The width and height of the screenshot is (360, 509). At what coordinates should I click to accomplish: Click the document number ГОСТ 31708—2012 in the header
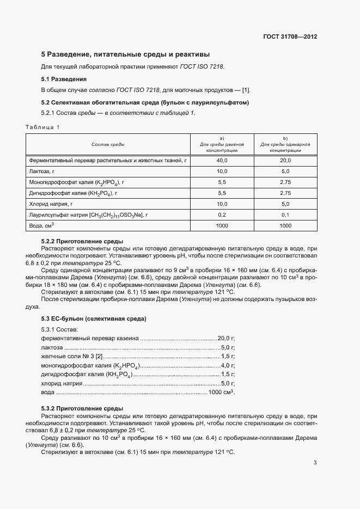click(290, 37)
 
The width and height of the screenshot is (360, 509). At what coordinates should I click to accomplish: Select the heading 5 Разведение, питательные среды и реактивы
click(125, 54)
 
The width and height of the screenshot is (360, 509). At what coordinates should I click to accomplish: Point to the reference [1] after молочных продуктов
click(246, 90)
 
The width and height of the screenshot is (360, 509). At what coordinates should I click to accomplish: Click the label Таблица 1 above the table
click(42, 127)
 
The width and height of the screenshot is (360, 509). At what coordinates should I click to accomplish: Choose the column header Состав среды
click(107, 144)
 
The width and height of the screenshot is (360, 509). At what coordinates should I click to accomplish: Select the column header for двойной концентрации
click(222, 144)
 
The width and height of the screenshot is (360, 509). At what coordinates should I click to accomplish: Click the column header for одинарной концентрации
click(285, 144)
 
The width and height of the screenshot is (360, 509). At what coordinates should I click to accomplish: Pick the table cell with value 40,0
click(222, 161)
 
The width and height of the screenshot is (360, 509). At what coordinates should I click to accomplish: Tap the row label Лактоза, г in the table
click(44, 171)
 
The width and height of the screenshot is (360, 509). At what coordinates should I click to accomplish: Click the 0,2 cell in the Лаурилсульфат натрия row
click(222, 215)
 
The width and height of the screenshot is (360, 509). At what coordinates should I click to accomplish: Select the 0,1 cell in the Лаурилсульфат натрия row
click(285, 215)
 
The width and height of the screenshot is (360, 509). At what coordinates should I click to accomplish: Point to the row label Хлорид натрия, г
click(51, 204)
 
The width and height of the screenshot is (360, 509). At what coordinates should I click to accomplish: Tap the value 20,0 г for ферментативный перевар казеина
click(226, 338)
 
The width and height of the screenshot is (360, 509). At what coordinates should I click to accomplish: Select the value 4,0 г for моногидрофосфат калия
click(228, 365)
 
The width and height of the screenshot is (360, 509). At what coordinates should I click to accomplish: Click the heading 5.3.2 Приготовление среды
click(82, 408)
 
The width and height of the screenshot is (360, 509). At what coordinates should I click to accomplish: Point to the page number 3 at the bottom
click(315, 463)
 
